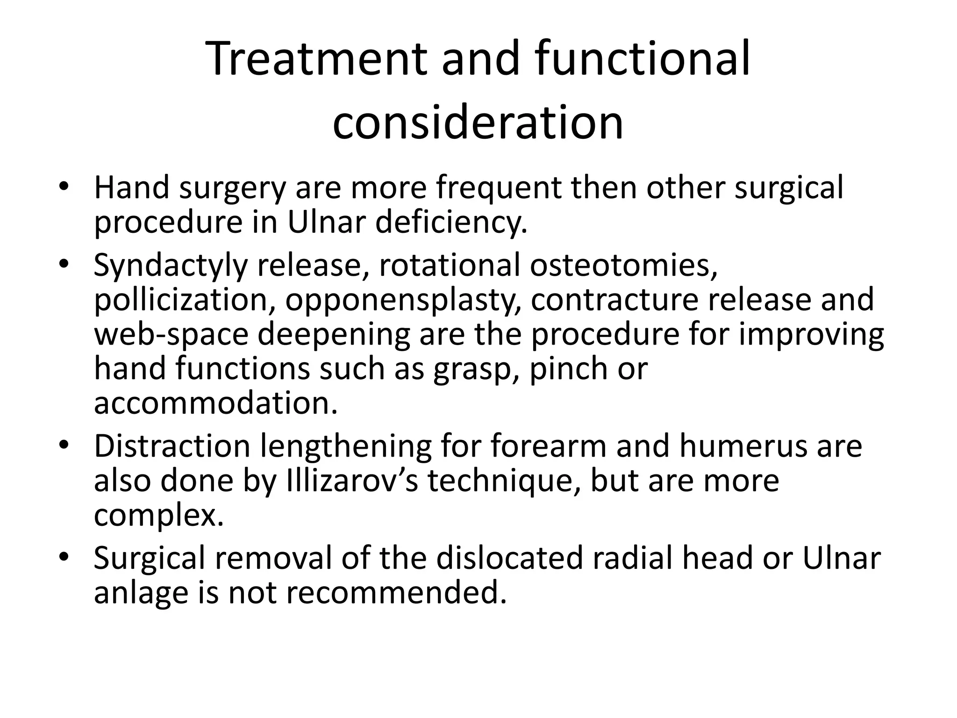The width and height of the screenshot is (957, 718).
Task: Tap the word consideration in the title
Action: pyautogui.click(x=478, y=122)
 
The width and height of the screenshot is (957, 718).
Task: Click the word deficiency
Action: pyautogui.click(x=451, y=222)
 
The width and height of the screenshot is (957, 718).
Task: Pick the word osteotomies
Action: pyautogui.click(x=623, y=265)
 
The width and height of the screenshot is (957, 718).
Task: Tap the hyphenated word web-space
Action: pyautogui.click(x=171, y=335)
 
